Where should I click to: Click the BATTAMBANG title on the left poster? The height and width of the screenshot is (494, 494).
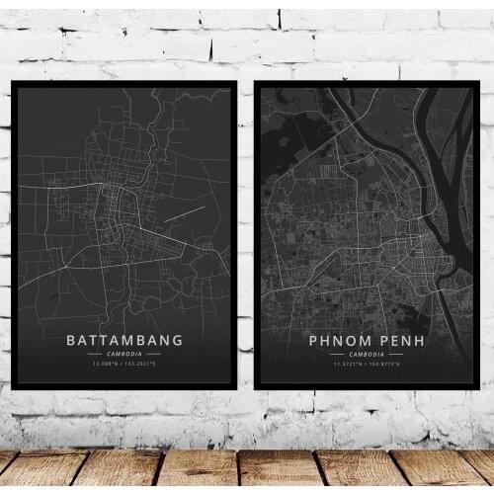tap(124, 340)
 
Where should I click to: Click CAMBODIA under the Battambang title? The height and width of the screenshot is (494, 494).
tap(124, 354)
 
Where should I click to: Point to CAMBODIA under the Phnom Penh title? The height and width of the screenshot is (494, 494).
tap(366, 354)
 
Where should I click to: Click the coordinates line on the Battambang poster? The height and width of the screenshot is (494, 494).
tap(124, 364)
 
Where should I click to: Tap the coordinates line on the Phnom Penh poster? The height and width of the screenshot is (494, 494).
tap(366, 364)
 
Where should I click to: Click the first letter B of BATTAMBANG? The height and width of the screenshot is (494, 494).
tap(71, 340)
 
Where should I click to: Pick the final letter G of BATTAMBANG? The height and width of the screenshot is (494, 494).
tap(178, 340)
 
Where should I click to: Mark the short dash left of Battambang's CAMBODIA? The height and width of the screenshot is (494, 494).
tap(94, 354)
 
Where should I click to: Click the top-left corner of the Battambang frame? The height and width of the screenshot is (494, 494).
tap(12, 83)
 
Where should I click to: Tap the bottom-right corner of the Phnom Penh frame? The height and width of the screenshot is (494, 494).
tap(478, 387)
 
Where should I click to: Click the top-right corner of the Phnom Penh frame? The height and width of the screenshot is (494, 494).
tap(478, 83)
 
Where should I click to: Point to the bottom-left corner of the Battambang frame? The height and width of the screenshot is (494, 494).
tap(12, 388)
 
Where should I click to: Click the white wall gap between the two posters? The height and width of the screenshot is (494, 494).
tap(246, 237)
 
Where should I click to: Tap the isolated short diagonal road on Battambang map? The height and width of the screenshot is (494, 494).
tap(184, 213)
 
